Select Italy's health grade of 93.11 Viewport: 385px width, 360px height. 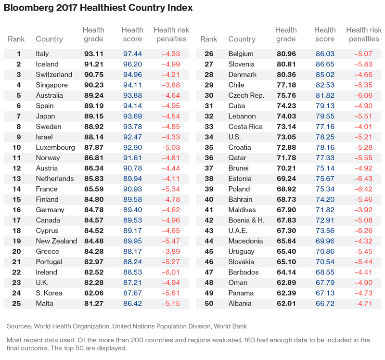tap(93, 54)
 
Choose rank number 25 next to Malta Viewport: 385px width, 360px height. tap(19, 304)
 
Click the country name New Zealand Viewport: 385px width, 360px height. tap(56, 241)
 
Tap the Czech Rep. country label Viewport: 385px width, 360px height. tap(246, 95)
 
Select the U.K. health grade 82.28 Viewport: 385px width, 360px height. tap(93, 283)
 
